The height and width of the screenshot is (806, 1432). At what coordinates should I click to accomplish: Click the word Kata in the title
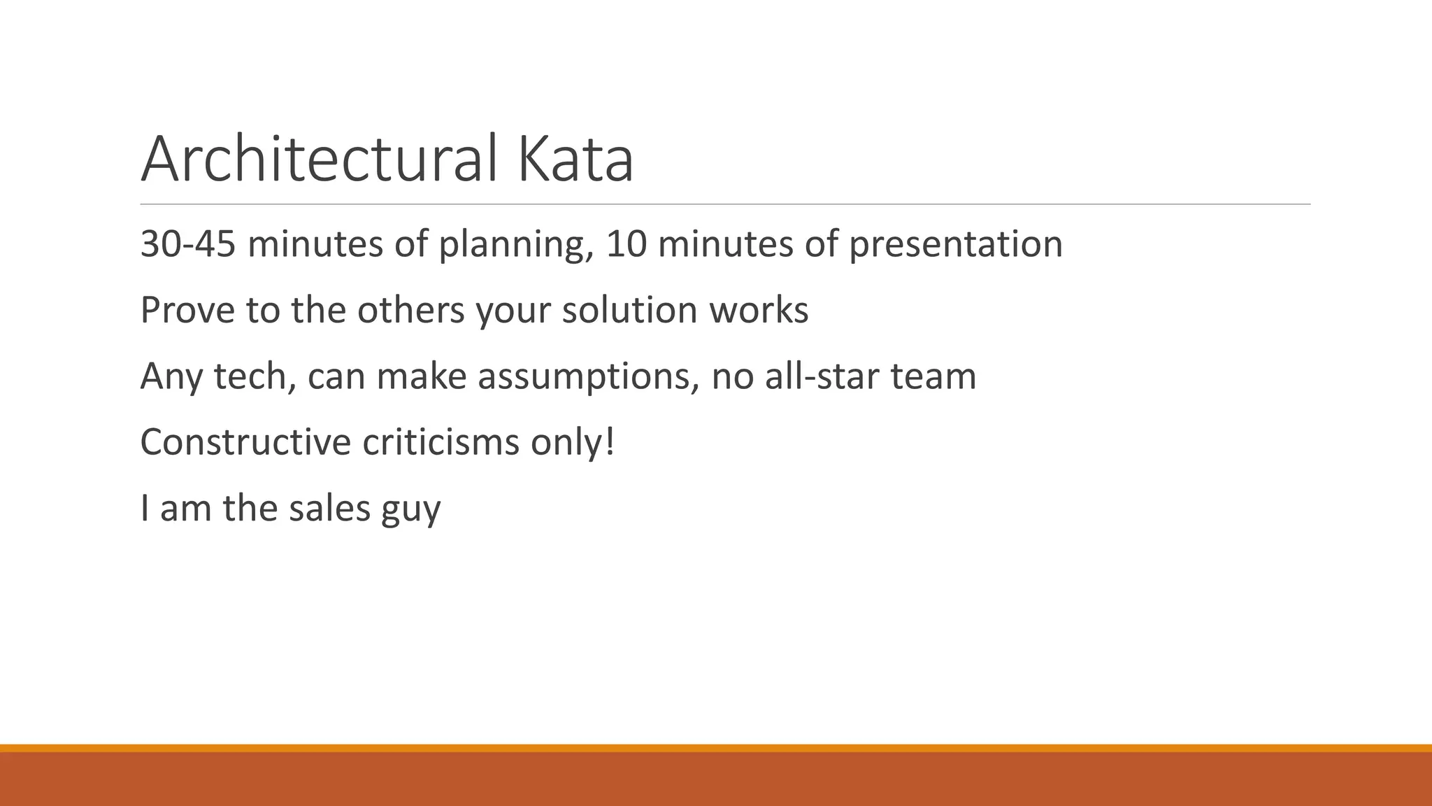(575, 160)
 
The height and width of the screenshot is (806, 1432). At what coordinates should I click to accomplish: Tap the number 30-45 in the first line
(187, 245)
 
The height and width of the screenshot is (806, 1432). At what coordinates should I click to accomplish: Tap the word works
(759, 311)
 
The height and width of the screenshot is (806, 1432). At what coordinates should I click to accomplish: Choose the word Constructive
(245, 442)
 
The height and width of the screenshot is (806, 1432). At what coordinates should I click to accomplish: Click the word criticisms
(441, 442)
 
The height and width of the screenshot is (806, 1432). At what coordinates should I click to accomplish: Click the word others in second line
(410, 311)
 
